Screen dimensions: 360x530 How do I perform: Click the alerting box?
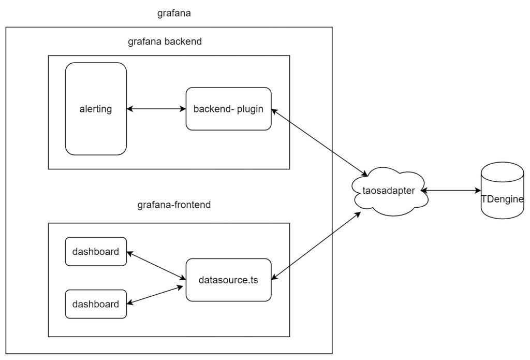pos(96,109)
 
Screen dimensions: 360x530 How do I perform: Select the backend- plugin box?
pos(228,109)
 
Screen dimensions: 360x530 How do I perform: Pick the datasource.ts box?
pos(228,280)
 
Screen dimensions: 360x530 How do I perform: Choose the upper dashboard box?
pos(96,252)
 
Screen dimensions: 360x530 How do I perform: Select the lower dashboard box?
pos(96,304)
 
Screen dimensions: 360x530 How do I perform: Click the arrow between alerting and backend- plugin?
pos(156,109)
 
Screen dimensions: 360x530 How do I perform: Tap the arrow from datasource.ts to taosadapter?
pos(317,246)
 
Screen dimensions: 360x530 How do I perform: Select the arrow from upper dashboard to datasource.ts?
pos(156,265)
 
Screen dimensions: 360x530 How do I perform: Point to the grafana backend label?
pos(165,42)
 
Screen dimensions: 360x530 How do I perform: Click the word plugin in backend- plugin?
pos(251,109)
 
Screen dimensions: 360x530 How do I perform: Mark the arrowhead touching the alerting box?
pos(130,109)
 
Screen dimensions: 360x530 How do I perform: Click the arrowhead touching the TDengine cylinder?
pos(478,191)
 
